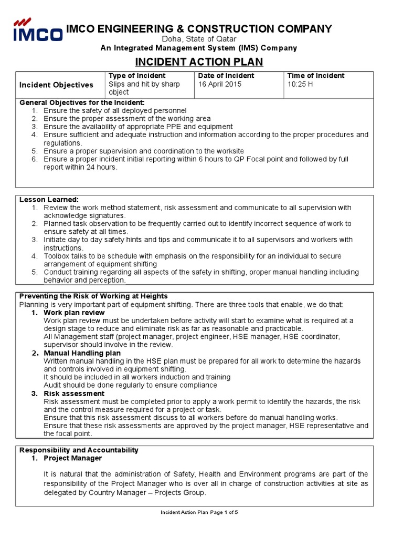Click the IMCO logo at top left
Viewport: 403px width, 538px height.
point(37,30)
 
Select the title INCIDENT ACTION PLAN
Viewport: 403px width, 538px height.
point(199,63)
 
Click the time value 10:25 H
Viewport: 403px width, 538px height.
point(300,84)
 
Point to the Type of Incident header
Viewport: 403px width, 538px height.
point(133,76)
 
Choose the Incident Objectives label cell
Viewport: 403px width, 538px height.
point(56,85)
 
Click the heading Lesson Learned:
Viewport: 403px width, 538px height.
point(49,200)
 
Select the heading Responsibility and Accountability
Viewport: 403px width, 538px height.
point(79,450)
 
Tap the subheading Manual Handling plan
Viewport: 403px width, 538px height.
point(82,353)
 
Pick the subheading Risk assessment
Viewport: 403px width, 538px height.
point(74,394)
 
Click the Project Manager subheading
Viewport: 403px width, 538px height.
point(72,458)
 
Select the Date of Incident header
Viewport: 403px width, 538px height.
point(226,76)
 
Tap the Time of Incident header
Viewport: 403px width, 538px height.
point(316,76)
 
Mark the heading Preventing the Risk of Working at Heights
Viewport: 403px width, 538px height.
point(93,296)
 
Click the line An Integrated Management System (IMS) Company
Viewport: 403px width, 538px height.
point(198,48)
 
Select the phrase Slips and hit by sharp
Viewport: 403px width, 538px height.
point(144,84)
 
